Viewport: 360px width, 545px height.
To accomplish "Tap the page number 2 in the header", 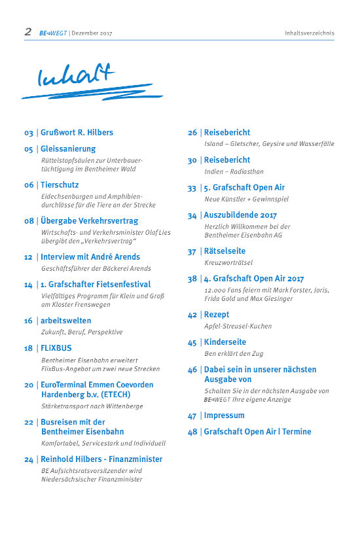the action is (28, 31).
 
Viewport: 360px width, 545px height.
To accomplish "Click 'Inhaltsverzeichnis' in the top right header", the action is (309, 33).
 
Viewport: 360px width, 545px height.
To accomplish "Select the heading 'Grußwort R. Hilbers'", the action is (77, 132).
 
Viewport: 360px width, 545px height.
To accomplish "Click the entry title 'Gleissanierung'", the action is (68, 149).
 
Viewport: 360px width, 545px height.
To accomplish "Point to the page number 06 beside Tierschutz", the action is (29, 185).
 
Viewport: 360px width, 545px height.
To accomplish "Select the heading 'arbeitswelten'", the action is (66, 321).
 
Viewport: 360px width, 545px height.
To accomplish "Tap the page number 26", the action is (192, 132).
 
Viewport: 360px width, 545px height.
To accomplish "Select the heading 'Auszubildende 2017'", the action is (240, 215).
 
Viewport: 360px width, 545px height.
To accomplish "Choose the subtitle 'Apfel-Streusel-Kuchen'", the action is (238, 326).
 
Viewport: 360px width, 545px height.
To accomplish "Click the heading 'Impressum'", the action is (224, 415).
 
